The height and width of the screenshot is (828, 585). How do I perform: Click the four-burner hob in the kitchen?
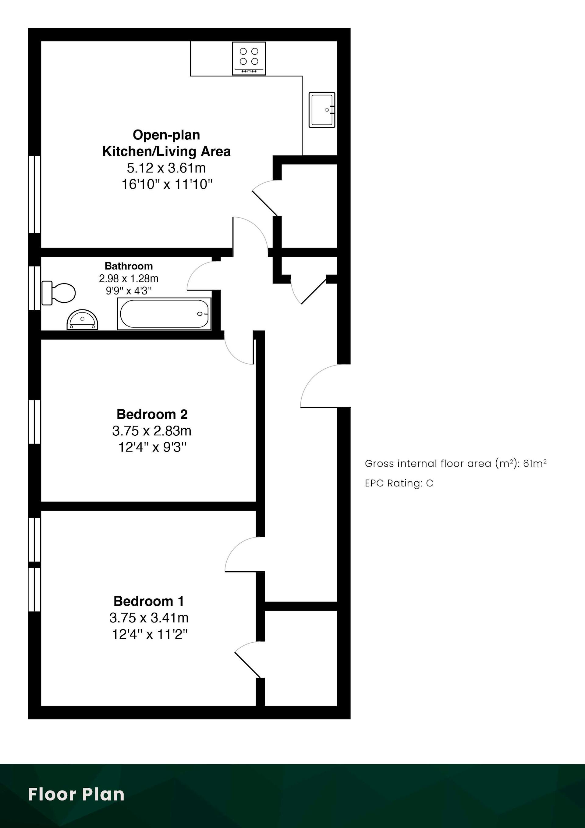[249, 59]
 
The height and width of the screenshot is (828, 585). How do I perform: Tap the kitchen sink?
[322, 110]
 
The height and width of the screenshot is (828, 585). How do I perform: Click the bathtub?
[164, 314]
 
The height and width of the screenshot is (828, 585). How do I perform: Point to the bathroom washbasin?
[83, 319]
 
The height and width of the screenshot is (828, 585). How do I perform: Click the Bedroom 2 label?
[152, 414]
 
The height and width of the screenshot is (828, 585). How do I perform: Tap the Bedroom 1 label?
[149, 601]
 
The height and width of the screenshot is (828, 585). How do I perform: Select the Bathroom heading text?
[129, 266]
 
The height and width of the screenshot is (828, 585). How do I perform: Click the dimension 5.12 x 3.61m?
[166, 168]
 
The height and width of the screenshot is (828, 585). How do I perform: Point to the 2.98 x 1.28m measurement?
[129, 278]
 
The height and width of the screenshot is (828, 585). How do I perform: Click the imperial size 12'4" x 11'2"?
[150, 634]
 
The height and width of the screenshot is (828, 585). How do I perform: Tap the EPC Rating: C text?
[399, 483]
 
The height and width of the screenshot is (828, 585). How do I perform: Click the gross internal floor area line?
[456, 463]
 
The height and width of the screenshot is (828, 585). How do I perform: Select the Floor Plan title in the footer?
[76, 794]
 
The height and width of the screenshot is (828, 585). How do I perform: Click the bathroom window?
[35, 288]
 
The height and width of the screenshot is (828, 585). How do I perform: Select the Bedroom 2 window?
[35, 422]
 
